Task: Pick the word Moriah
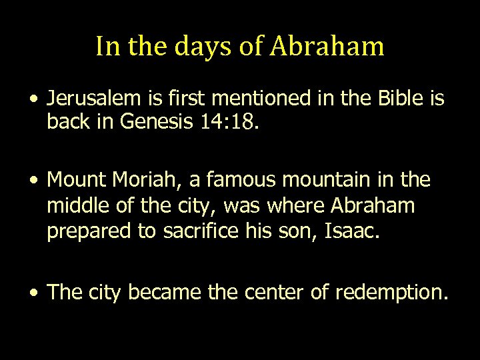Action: pos(141,180)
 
